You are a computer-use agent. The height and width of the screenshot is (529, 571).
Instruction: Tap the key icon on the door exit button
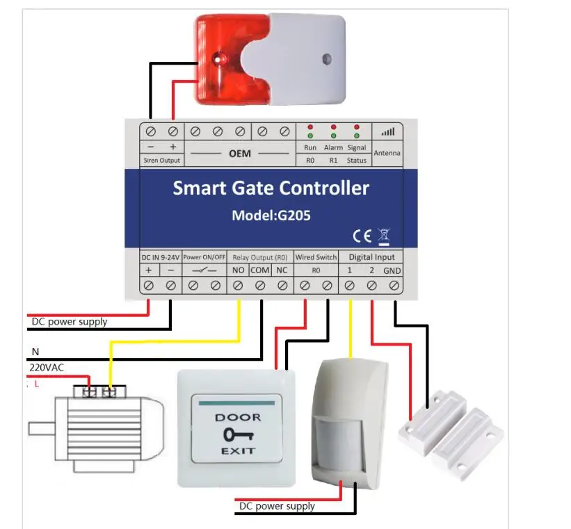pyautogui.click(x=238, y=434)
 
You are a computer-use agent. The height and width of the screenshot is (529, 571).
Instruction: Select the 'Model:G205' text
pyautogui.click(x=271, y=215)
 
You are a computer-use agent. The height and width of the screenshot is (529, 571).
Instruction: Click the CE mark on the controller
pyautogui.click(x=362, y=236)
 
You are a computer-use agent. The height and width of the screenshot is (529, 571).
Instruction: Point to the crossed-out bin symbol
pyautogui.click(x=384, y=236)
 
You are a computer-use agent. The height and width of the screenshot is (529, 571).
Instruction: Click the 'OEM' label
pyautogui.click(x=240, y=154)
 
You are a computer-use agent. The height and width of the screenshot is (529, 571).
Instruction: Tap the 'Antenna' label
pyautogui.click(x=387, y=153)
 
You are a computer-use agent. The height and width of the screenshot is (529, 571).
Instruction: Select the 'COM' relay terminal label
pyautogui.click(x=260, y=270)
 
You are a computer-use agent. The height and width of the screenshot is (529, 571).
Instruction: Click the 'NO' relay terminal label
pyautogui.click(x=238, y=270)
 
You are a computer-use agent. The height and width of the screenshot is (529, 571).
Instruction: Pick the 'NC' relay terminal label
pyautogui.click(x=282, y=270)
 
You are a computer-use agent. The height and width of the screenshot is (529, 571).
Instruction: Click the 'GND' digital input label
pyautogui.click(x=392, y=271)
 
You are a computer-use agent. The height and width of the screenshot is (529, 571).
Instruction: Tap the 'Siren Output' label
pyautogui.click(x=161, y=160)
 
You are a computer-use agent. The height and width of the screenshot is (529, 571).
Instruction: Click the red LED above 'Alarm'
pyautogui.click(x=333, y=127)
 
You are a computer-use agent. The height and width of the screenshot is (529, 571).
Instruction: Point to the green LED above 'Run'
pyautogui.click(x=310, y=136)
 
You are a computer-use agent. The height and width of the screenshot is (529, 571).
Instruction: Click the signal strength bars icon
pyautogui.click(x=388, y=131)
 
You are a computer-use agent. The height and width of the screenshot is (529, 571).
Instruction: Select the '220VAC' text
pyautogui.click(x=47, y=367)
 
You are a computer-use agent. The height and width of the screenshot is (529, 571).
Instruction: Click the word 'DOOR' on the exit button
pyautogui.click(x=238, y=418)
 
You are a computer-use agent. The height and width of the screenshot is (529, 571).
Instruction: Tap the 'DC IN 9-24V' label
pyautogui.click(x=160, y=257)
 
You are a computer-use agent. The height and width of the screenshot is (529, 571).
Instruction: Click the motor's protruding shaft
pyautogui.click(x=42, y=428)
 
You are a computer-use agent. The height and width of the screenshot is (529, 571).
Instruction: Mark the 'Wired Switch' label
pyautogui.click(x=316, y=257)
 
